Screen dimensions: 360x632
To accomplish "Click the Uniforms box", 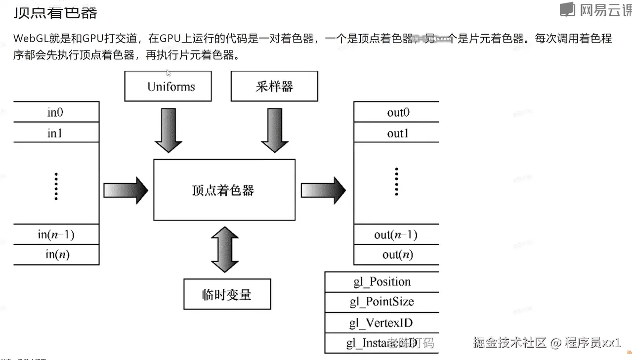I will coord(168,86).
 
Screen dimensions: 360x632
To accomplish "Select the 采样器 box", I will coord(274,86).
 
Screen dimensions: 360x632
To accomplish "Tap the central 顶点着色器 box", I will coord(224,190).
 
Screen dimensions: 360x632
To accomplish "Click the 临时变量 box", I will coord(227,294).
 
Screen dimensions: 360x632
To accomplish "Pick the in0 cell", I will coord(55,112).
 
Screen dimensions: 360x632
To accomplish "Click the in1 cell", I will coord(55,133).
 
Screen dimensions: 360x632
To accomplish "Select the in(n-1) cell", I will coord(55,234).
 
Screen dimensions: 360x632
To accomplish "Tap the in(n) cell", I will coord(55,255).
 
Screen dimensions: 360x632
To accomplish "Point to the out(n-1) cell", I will coord(396,234).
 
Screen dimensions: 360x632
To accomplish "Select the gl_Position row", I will coord(382,282).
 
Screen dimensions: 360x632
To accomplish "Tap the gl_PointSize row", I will coord(382,302).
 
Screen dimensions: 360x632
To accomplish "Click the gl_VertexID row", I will coord(382,323).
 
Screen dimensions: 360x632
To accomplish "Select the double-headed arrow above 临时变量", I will coord(225,249).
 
